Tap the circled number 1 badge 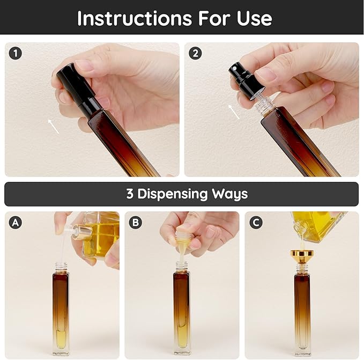click(x=16, y=53)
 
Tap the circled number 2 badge click(x=195, y=53)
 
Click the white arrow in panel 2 click(x=233, y=112)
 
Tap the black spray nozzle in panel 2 click(x=244, y=78)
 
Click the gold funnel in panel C click(x=302, y=256)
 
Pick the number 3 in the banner click(x=130, y=194)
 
